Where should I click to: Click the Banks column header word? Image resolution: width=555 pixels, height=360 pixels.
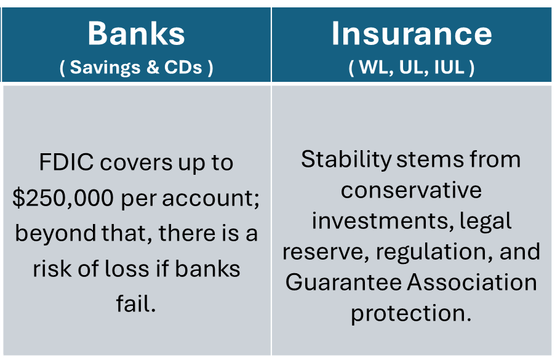pyautogui.click(x=136, y=34)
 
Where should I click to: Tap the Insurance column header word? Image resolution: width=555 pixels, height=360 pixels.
pyautogui.click(x=412, y=34)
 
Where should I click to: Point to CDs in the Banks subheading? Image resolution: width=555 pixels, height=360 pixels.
pyautogui.click(x=183, y=67)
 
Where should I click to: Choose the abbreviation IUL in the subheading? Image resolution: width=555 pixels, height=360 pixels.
pyautogui.click(x=449, y=67)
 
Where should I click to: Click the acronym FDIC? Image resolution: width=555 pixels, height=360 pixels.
pyautogui.click(x=66, y=162)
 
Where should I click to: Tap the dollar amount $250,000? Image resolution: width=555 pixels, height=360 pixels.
pyautogui.click(x=63, y=198)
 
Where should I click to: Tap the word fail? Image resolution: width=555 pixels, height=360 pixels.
pyautogui.click(x=136, y=304)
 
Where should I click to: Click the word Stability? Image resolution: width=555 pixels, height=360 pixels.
pyautogui.click(x=346, y=160)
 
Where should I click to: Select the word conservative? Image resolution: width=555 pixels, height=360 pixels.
pyautogui.click(x=411, y=190)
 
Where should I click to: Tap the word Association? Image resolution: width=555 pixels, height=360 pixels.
pyautogui.click(x=472, y=282)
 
